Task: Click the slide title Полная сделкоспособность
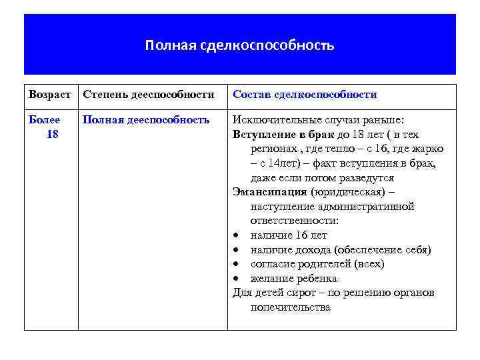[x=240, y=46]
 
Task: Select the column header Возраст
[x=50, y=95]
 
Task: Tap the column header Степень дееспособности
[x=148, y=95]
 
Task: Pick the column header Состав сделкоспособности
[x=305, y=95]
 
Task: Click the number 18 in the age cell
[x=53, y=135]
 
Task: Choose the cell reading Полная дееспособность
[x=146, y=120]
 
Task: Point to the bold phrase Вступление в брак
[x=279, y=135]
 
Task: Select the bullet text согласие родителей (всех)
[x=317, y=264]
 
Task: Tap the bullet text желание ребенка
[x=293, y=278]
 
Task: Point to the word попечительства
[x=290, y=307]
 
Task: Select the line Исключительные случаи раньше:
[x=317, y=120]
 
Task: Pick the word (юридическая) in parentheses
[x=347, y=192]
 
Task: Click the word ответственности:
[x=295, y=221]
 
